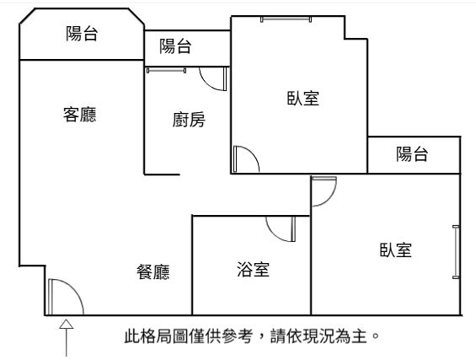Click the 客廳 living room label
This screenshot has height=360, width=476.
79,115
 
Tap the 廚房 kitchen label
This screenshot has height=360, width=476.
189,120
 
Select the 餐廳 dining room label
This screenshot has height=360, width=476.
152,272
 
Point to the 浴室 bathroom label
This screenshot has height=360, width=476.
253,270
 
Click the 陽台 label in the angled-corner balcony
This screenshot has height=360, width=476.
82,34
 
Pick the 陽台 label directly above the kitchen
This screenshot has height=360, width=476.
175,46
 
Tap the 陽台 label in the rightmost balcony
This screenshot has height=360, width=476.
412,153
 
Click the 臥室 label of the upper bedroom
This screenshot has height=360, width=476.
303,98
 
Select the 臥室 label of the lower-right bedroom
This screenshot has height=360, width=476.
396,250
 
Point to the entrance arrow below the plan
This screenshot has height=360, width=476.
67,337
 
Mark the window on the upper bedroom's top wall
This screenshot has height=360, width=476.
286,19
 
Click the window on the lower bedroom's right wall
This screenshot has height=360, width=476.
456,252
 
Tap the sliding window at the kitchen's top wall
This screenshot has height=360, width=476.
166,71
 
